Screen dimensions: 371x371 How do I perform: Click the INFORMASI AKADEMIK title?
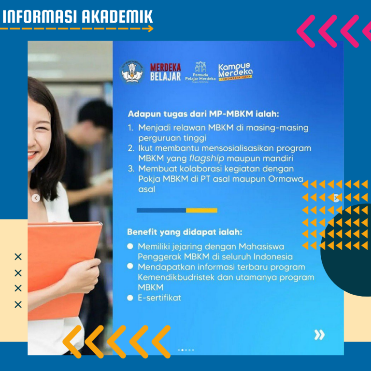[x=78, y=16]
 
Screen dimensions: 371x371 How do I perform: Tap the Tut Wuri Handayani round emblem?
[x=132, y=71]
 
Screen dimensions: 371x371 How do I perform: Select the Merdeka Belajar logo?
[x=165, y=72]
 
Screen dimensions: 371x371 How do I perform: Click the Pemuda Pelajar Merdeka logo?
[x=200, y=72]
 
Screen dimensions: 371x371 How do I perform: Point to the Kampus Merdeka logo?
[x=235, y=72]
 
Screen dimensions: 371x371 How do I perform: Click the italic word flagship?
[x=207, y=158]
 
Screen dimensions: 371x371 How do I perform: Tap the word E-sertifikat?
[x=159, y=298]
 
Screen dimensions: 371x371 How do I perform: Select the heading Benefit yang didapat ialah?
[x=185, y=232]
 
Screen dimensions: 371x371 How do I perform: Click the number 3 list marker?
[x=131, y=169]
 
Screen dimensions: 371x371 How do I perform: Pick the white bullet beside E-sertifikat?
[x=130, y=298]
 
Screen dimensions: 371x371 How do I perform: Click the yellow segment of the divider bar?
[x=201, y=210]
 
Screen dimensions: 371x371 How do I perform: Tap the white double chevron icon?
[x=319, y=335]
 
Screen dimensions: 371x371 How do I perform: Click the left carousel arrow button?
[x=36, y=198]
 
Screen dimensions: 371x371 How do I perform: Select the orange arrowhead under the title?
[x=151, y=29]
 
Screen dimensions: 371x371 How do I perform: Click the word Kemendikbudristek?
[x=176, y=277]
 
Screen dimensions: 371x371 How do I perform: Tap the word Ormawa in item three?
[x=285, y=179]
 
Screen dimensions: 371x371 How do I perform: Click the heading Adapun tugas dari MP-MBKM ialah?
[x=203, y=114]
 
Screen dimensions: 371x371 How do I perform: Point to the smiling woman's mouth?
[x=32, y=155]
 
